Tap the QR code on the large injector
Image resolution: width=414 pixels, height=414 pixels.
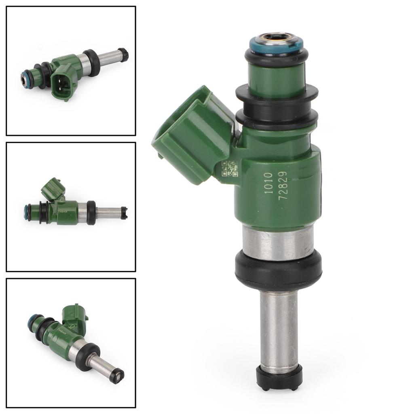pos(230,169)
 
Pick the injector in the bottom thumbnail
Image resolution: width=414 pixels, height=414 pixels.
pos(75,342)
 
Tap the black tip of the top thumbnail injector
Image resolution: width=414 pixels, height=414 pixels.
pos(123,54)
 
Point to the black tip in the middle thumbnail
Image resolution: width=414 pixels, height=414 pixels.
pos(124,213)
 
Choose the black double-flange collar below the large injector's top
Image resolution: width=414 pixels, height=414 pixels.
pos(277,105)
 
